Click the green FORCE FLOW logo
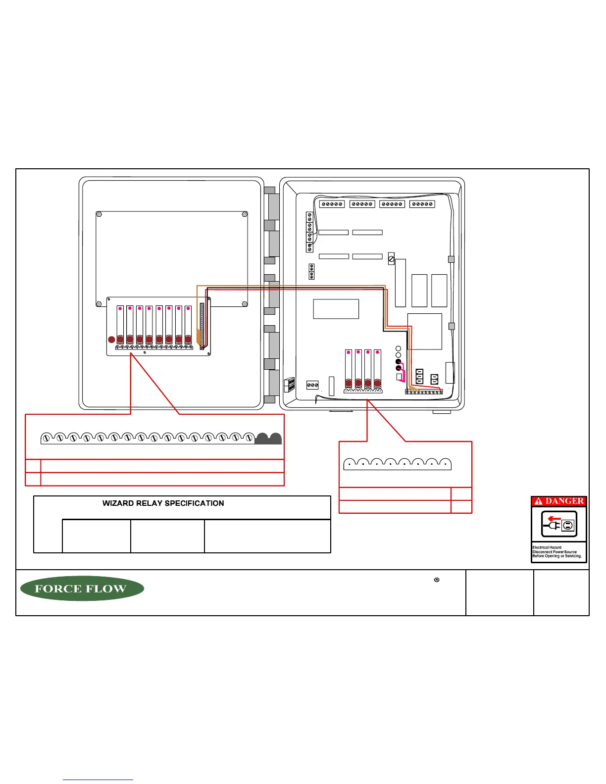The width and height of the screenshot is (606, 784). (x=82, y=588)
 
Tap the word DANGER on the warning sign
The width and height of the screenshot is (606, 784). (x=564, y=501)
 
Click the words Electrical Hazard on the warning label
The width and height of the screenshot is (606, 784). (x=547, y=547)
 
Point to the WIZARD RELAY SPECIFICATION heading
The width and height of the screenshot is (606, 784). (x=163, y=503)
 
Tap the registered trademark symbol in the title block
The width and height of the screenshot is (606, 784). (x=437, y=580)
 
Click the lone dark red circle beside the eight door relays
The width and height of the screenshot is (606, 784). (x=112, y=340)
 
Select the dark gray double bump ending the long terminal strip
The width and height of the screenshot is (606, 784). (x=268, y=439)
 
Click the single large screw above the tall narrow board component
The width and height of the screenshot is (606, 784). (x=391, y=258)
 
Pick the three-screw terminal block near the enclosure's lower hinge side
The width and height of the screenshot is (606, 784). (x=312, y=385)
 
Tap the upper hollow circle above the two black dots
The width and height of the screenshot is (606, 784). (x=399, y=349)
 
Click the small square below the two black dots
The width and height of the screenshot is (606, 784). (x=400, y=377)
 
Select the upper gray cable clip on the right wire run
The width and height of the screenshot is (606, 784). (x=451, y=259)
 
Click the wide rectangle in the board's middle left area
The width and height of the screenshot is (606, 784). (x=336, y=309)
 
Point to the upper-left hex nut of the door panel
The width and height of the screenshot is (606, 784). (x=99, y=215)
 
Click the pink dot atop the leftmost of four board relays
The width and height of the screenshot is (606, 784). (x=349, y=352)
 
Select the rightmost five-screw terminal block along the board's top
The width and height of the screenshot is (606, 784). (x=422, y=204)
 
